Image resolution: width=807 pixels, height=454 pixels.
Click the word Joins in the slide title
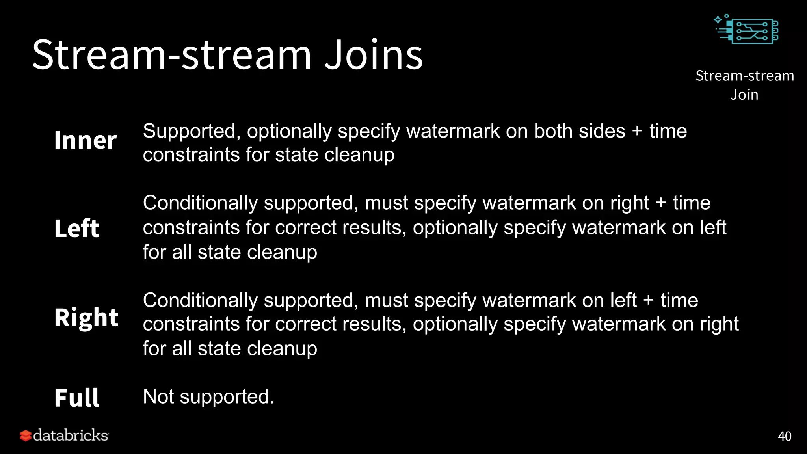(374, 55)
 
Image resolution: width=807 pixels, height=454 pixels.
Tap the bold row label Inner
(86, 140)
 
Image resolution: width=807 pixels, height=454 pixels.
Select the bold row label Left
(77, 229)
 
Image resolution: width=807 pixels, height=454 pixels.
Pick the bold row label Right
(86, 318)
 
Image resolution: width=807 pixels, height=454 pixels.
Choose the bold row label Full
(77, 398)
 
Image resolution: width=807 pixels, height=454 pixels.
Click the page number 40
(785, 436)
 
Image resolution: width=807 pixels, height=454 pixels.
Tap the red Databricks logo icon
(26, 435)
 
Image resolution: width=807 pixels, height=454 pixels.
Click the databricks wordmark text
(71, 435)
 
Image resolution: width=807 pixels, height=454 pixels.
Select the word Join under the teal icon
(744, 95)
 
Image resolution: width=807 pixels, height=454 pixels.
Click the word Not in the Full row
(158, 397)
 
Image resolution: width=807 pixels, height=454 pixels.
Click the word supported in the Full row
(227, 397)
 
